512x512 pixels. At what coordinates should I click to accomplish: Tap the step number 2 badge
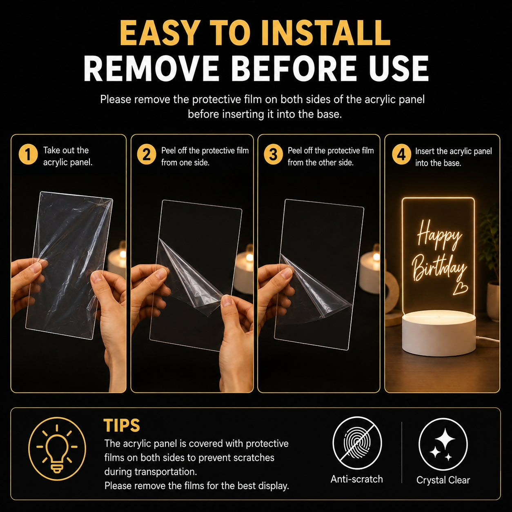pos(146,155)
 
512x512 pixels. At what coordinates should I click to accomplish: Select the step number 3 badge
pos(273,155)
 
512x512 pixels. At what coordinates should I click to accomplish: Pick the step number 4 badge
pos(401,155)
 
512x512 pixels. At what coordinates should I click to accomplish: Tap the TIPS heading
pos(121,425)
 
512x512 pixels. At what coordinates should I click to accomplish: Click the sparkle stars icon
pos(443,444)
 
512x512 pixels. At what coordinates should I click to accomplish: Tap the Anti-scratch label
pos(356,479)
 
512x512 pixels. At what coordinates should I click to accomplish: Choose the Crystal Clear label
pos(443,480)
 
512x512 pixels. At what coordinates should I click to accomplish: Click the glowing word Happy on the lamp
pos(439,236)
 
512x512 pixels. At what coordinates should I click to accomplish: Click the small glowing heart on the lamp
pos(461,289)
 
